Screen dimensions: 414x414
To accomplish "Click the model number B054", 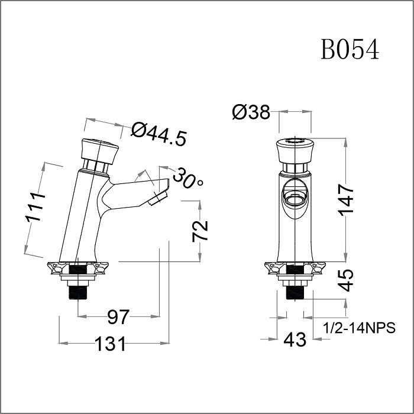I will pos(350,50).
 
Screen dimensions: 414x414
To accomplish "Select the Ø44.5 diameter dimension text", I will pos(159,135).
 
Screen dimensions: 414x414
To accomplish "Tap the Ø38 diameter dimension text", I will pos(251,112).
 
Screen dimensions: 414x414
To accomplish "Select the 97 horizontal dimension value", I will pos(118,317).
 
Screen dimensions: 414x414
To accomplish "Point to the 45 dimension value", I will pos(347,280).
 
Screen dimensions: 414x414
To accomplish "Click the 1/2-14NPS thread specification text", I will pos(359,328).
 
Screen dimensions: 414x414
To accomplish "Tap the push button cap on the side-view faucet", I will pos(99,151).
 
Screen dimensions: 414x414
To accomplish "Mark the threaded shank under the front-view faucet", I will pos(293,289).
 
